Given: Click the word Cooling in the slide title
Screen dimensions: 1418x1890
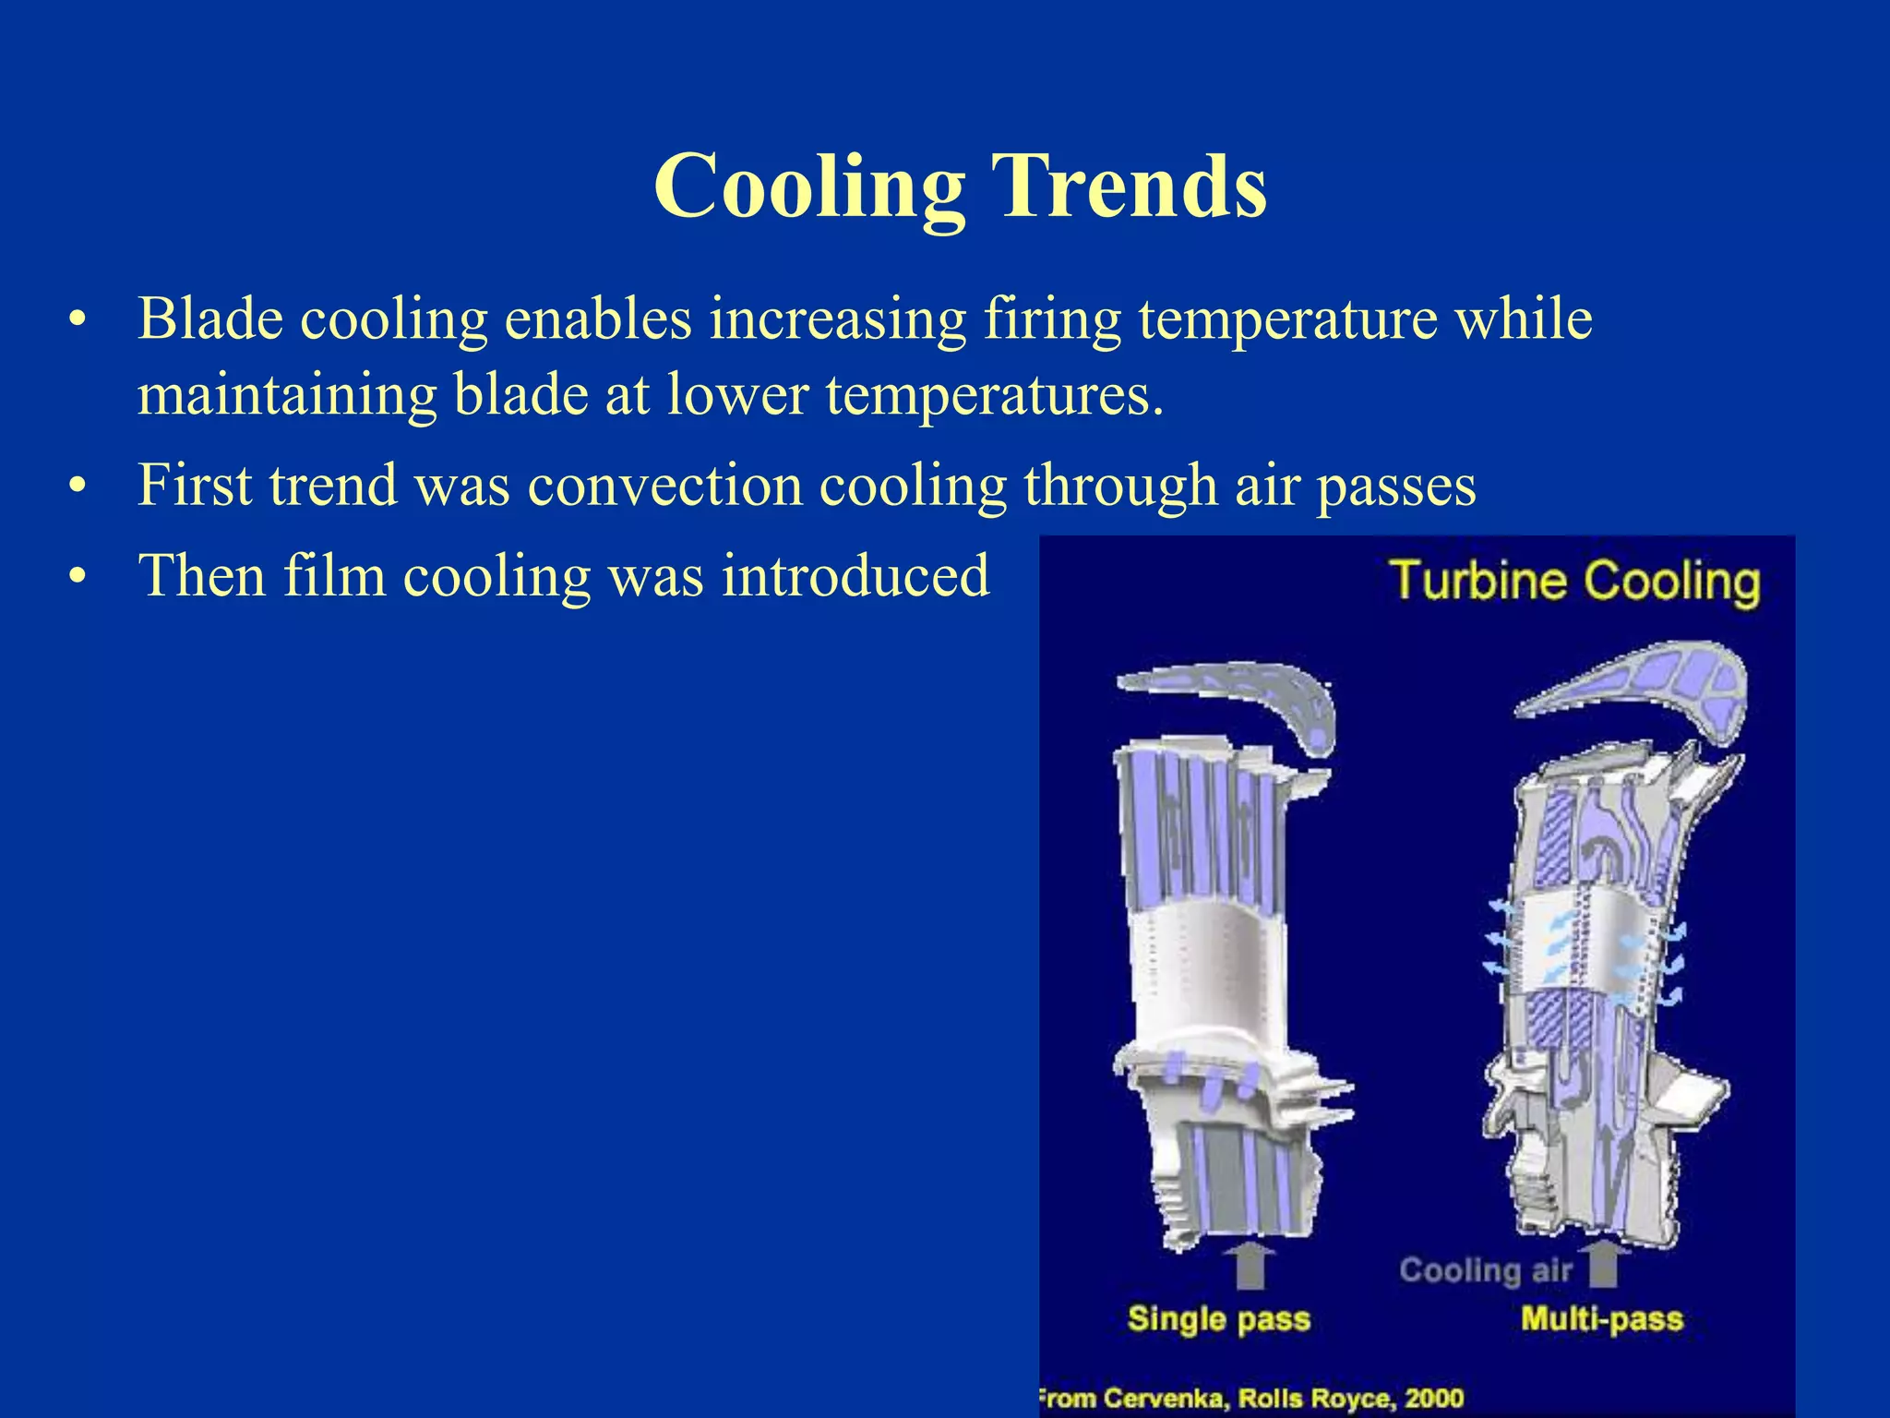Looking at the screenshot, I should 809,186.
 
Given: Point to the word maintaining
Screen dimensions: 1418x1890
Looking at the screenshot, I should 286,396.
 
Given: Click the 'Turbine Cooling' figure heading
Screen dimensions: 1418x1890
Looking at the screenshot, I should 1574,582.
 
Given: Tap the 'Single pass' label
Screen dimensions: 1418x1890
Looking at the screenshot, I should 1218,1318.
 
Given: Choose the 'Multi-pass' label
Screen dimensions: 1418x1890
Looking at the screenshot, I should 1601,1318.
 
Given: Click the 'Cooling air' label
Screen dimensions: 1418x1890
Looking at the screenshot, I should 1485,1270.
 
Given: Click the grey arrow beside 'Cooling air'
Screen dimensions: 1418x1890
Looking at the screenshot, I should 1604,1264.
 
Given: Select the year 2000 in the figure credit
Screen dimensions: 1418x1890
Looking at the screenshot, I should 1433,1398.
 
